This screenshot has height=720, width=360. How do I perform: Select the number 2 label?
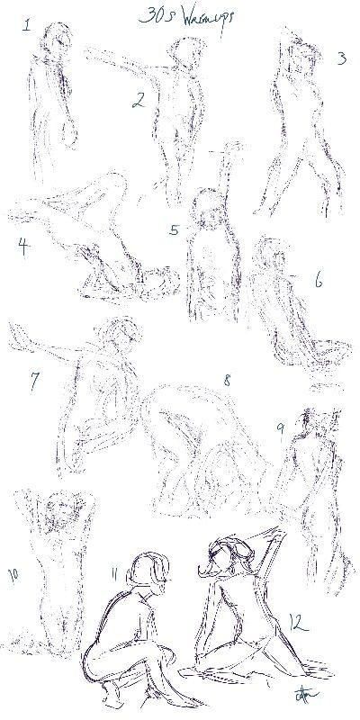click(x=138, y=100)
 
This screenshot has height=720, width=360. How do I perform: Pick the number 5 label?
click(x=174, y=229)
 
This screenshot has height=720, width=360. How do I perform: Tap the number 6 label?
click(x=318, y=280)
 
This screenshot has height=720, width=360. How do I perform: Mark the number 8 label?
click(x=227, y=382)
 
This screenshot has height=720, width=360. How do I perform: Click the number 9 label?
click(x=281, y=430)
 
